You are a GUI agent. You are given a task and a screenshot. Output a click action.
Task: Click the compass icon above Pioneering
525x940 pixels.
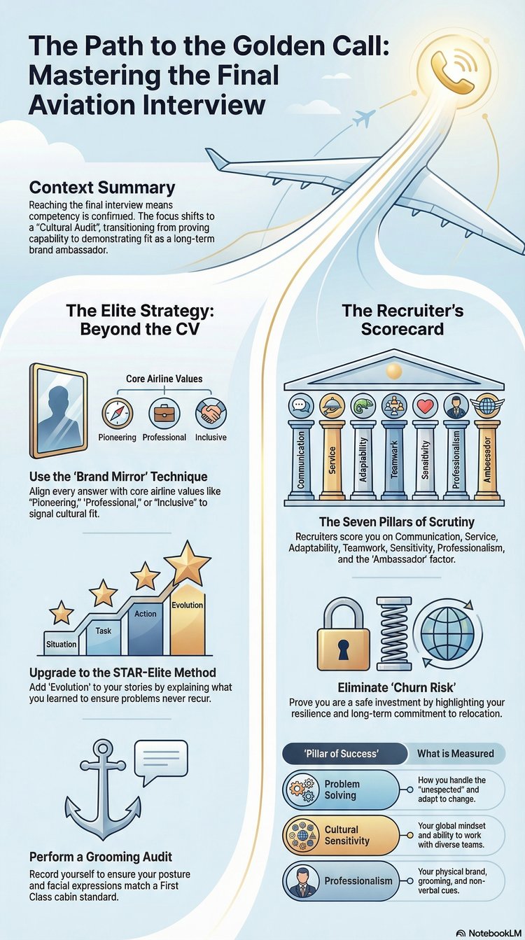pyautogui.click(x=117, y=413)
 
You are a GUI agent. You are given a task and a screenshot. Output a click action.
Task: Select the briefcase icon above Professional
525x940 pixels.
pyautogui.click(x=164, y=413)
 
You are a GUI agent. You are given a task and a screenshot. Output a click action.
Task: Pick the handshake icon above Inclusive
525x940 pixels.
pyautogui.click(x=211, y=413)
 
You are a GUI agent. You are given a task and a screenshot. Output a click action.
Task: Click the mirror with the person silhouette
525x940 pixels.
pyautogui.click(x=58, y=411)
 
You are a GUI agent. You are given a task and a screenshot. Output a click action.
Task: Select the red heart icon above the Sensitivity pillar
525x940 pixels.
pyautogui.click(x=425, y=406)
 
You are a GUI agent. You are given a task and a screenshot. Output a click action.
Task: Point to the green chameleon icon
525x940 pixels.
pyautogui.click(x=363, y=406)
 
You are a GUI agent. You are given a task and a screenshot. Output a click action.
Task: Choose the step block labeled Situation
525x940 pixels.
pyautogui.click(x=62, y=643)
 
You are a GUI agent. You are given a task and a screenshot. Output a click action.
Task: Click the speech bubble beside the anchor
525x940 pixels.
pyautogui.click(x=161, y=764)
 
